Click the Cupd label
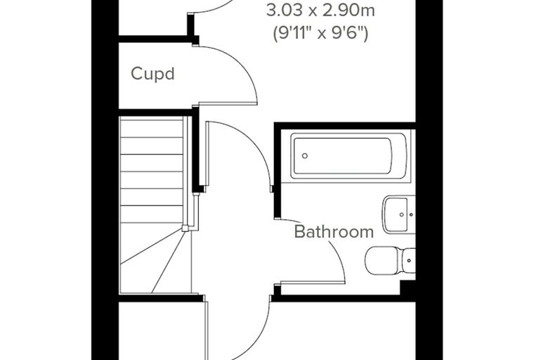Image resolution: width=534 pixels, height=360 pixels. [152, 74]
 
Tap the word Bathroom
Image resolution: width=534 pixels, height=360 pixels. [334, 231]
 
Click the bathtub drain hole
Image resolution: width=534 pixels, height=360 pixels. [305, 156]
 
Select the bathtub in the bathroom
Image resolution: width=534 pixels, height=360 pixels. [349, 156]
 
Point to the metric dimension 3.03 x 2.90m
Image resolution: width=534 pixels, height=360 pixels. [320, 11]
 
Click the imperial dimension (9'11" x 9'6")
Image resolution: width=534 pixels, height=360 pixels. [320, 34]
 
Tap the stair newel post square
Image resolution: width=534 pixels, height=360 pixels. [185, 228]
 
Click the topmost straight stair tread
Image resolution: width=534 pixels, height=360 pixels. [152, 127]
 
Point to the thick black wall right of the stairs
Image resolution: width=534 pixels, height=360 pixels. [195, 150]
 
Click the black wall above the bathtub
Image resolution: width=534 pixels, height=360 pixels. [345, 126]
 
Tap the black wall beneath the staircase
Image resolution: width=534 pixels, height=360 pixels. [161, 298]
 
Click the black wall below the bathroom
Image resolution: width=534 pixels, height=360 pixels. [344, 299]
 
